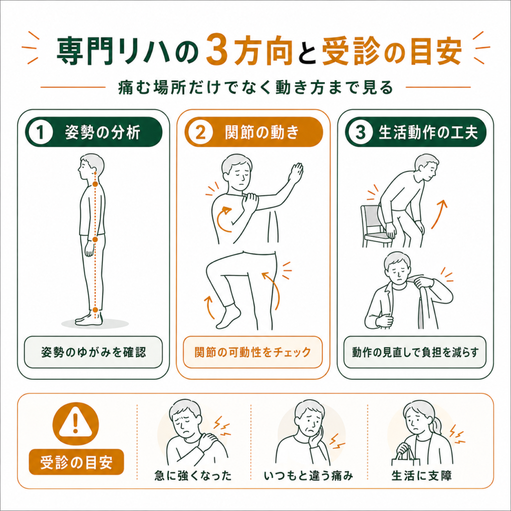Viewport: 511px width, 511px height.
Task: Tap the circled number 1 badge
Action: tap(40, 132)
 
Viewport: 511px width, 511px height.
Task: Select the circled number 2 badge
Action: tap(201, 132)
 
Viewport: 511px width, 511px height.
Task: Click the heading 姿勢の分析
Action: tap(102, 132)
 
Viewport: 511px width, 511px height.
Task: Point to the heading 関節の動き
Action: tap(262, 132)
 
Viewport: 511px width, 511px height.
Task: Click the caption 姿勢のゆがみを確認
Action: tap(93, 352)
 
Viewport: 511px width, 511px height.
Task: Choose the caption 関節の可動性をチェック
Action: tap(253, 352)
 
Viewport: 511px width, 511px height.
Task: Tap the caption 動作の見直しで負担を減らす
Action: tap(415, 352)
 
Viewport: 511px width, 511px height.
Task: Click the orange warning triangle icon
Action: tap(76, 423)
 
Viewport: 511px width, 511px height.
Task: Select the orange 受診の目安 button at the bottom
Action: tap(76, 462)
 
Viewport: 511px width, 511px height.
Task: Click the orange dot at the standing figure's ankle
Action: tap(95, 309)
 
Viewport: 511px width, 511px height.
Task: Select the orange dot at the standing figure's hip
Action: tap(95, 240)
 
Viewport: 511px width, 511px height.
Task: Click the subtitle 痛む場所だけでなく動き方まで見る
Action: tap(255, 87)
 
